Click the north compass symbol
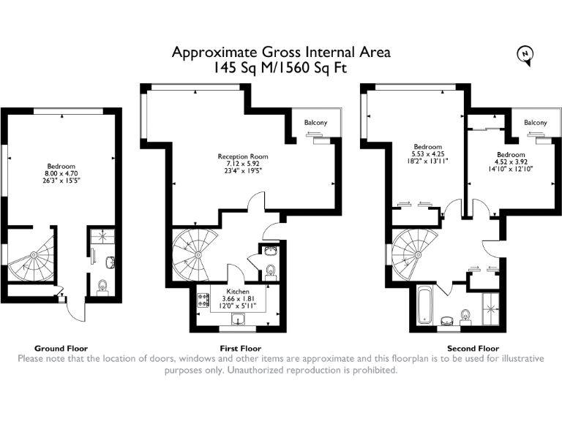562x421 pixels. coord(525,55)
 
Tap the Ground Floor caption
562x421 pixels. coord(61,349)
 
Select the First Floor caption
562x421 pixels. coord(240,349)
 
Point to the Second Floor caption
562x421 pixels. coord(473,349)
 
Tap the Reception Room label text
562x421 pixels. coord(243,156)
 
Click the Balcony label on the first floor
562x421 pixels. coord(315,122)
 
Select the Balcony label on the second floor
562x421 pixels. coord(535,123)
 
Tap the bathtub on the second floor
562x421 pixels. coord(426,306)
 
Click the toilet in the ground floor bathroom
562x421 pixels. coord(102,284)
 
